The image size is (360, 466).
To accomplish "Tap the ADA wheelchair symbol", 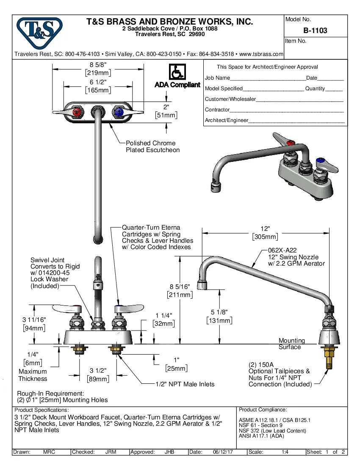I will (177, 72).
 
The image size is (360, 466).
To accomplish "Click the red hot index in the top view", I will (77, 113).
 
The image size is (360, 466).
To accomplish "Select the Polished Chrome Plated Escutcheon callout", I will (152, 147).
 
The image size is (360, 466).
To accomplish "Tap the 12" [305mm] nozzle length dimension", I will (265, 233).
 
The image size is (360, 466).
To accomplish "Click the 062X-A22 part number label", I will (282, 250).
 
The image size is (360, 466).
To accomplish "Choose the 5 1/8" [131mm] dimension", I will (219, 316).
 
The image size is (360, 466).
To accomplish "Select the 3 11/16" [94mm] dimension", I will (34, 323).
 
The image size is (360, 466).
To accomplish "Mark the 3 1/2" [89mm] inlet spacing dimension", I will (98, 374).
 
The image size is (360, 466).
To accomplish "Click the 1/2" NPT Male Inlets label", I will (185, 384).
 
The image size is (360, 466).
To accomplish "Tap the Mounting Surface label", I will (291, 344).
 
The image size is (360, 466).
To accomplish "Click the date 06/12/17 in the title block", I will (222, 452).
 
